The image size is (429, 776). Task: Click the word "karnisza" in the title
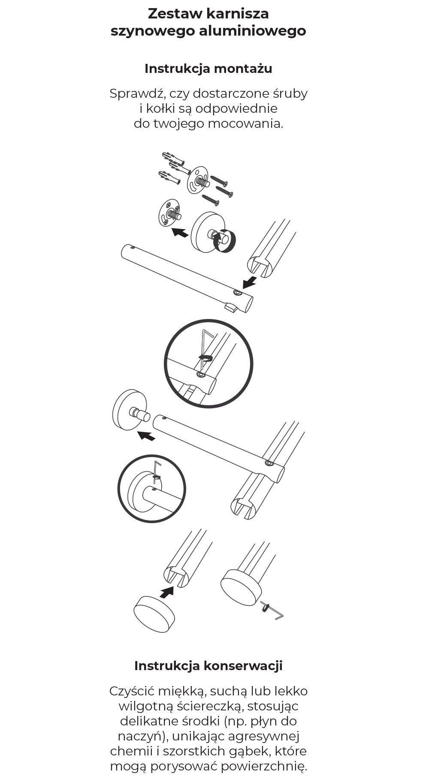(237, 14)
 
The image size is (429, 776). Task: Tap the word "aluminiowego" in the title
(252, 31)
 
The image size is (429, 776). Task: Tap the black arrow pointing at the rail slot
(250, 283)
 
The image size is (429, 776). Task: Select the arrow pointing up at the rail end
(166, 592)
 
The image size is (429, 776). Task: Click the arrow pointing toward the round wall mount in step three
(146, 436)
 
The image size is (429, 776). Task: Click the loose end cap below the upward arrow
(154, 614)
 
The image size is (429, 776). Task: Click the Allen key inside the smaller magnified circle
(157, 472)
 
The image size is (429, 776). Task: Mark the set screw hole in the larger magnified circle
(200, 375)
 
